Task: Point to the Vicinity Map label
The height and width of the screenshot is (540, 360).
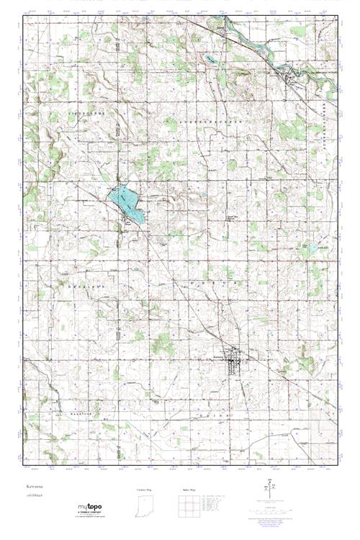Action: coord(146,489)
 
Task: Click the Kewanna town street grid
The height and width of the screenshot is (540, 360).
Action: coord(234,358)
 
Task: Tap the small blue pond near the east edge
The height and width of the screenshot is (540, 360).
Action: coord(312,249)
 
